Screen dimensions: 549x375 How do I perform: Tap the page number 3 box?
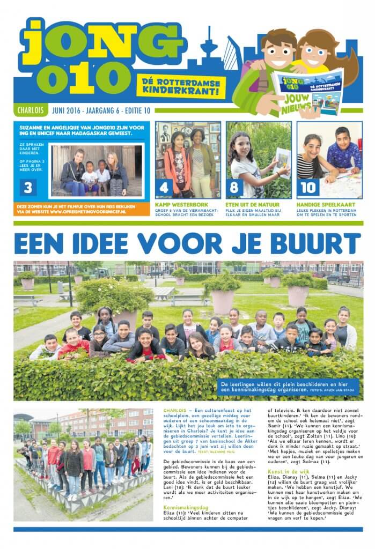point(27,187)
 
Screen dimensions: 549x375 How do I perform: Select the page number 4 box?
point(163,187)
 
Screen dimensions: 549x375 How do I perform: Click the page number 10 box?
point(307,187)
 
